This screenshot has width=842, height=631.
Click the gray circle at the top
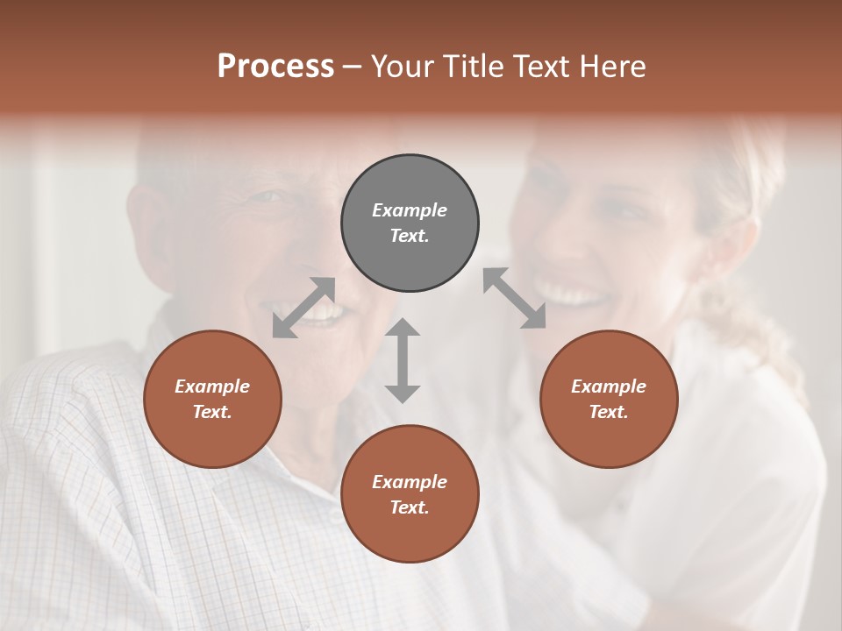point(410,223)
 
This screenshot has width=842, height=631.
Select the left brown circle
point(212,399)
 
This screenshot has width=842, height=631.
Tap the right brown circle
point(609,399)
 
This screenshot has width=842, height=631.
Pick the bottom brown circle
point(410,494)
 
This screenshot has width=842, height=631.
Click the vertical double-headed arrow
point(403,360)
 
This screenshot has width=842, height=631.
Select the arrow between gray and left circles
point(303,307)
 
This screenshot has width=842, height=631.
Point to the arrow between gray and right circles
point(515,298)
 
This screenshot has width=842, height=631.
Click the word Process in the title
point(275,67)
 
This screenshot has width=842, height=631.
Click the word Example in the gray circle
point(410,210)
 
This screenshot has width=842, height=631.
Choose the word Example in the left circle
point(212,386)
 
